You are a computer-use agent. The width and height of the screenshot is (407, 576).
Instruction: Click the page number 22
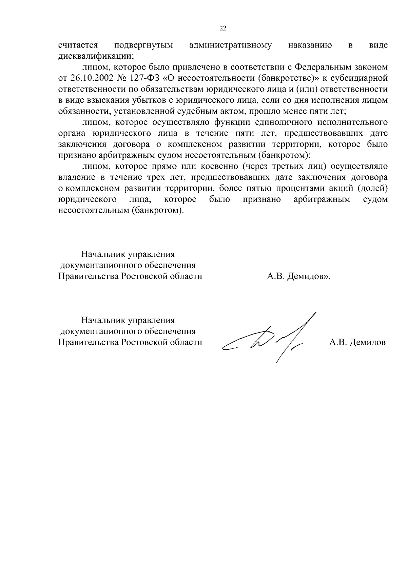pos(223,28)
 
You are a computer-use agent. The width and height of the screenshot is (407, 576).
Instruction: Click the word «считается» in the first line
pos(78,45)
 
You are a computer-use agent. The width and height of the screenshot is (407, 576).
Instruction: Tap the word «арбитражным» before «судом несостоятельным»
pos(322,199)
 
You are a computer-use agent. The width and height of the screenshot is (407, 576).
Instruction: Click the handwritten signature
pos(268,339)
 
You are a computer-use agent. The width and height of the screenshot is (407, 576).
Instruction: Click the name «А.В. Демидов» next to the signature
pos(357,343)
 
